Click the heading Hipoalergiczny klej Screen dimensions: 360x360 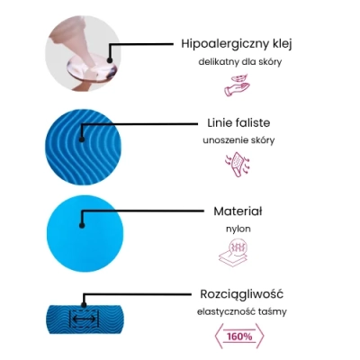click(x=237, y=44)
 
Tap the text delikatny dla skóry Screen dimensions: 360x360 click(x=240, y=62)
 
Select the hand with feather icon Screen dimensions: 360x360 click(x=238, y=85)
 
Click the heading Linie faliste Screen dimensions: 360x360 click(x=238, y=122)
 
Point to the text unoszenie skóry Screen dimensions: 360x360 click(x=238, y=140)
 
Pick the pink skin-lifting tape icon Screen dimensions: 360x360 click(x=238, y=165)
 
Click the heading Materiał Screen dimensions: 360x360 click(x=238, y=211)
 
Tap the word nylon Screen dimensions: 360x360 click(x=238, y=229)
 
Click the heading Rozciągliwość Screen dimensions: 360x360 click(x=241, y=294)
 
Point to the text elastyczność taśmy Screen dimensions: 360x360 click(x=242, y=311)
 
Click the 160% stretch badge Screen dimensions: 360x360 click(x=239, y=337)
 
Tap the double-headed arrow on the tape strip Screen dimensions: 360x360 click(x=85, y=319)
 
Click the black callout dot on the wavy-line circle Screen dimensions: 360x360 click(x=81, y=139)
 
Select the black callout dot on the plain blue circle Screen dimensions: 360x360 click(x=82, y=226)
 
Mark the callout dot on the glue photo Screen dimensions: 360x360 click(x=110, y=60)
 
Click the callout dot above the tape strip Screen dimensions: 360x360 click(x=84, y=305)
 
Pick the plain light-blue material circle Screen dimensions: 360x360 click(x=85, y=233)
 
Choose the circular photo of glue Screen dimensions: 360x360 click(x=83, y=53)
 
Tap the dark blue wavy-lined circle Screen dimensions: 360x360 click(x=84, y=147)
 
